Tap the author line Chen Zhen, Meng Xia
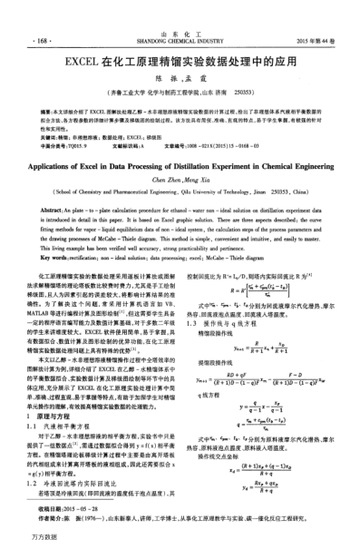coord(180,156)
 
